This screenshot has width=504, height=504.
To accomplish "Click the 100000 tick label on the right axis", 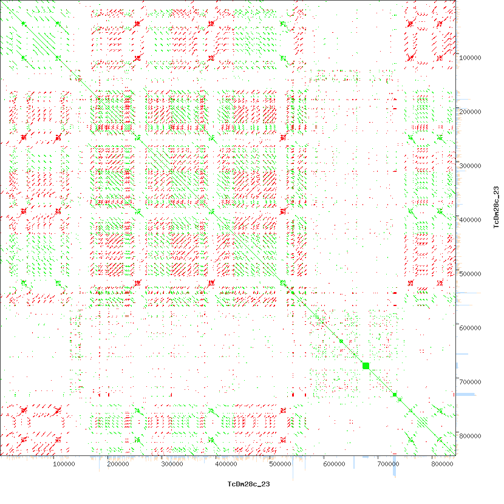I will click(471, 58).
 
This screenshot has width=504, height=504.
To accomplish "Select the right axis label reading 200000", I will click(471, 112).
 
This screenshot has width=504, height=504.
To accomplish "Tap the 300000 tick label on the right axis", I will click(471, 166).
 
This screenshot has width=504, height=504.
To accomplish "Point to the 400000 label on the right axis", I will click(471, 220).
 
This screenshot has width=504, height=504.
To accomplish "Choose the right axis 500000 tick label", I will click(471, 274).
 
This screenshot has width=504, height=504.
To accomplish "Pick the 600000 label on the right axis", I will click(471, 328).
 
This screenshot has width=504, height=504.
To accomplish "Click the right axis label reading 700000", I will click(471, 382).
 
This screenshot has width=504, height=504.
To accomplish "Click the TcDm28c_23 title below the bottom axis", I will click(248, 484).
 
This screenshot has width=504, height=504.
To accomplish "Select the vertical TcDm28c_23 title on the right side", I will click(496, 208).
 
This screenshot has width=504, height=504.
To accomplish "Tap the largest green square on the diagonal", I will click(366, 365).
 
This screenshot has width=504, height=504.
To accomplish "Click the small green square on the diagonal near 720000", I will click(395, 395).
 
